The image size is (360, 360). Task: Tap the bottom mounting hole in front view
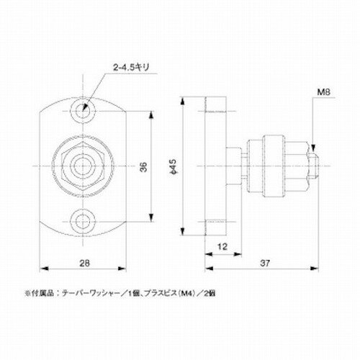point(86,218)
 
